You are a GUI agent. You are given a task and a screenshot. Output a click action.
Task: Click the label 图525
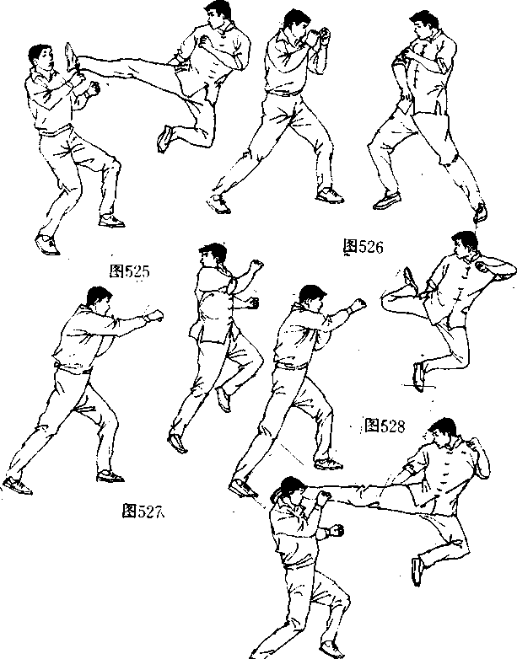130,271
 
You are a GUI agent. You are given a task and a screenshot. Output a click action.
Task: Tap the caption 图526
364,247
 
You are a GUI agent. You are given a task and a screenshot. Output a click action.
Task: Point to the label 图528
385,426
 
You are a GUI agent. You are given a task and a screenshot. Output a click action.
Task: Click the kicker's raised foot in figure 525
72,56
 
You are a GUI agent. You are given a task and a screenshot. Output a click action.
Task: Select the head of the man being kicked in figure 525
40,57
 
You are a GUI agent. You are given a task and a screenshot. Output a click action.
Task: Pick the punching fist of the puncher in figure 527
155,316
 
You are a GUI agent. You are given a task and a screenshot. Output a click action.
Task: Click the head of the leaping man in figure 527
213,254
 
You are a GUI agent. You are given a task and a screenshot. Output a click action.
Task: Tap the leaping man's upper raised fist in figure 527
256,266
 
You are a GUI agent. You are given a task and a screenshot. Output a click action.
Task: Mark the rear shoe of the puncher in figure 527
18,485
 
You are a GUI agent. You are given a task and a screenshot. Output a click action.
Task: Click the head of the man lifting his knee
465,244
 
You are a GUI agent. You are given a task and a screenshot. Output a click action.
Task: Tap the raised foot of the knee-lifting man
410,279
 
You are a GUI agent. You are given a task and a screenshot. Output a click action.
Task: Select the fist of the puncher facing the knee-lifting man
358,304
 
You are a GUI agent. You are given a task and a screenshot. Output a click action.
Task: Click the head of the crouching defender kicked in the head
292,490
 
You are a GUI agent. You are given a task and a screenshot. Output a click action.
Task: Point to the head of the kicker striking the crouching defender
443,432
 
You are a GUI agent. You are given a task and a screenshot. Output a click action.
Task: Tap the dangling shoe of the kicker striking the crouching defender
417,571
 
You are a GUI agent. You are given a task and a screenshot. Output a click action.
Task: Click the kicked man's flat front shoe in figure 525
111,220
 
